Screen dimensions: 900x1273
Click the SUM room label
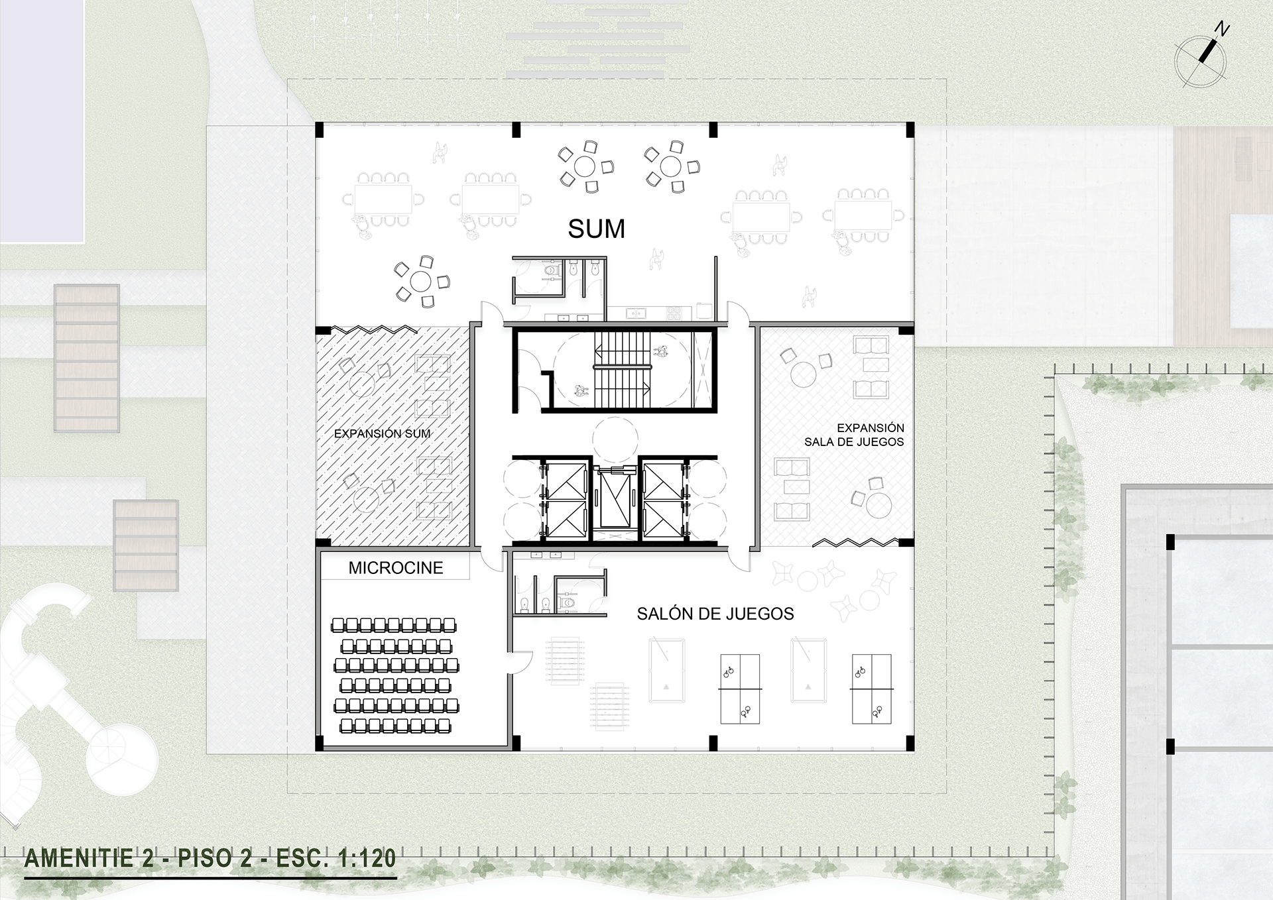pos(596,229)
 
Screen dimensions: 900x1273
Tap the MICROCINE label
pos(396,568)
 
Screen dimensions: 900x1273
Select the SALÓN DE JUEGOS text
pos(715,614)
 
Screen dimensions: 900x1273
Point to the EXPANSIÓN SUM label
pos(382,433)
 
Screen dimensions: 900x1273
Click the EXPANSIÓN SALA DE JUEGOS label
pos(855,435)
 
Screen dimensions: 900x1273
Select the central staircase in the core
pos(622,370)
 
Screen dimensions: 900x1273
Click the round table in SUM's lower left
pos(421,282)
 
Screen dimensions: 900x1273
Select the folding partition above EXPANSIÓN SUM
pos(375,329)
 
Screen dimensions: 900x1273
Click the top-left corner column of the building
pos(319,129)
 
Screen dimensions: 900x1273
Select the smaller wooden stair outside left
pos(146,545)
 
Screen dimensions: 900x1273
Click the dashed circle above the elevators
pos(615,439)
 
